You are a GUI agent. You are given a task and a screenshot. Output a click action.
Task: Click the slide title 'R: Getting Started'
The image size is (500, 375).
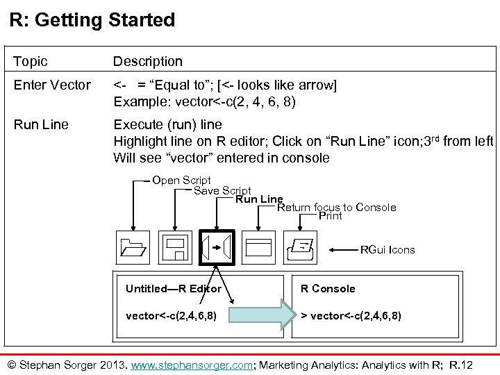tap(92, 19)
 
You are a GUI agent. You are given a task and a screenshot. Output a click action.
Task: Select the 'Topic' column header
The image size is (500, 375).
tap(31, 62)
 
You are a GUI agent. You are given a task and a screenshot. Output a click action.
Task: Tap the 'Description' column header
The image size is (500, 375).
tap(148, 62)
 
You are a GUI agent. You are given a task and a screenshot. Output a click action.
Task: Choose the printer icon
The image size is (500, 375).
tap(302, 247)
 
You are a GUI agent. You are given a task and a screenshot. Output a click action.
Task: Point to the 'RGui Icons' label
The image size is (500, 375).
tap(387, 249)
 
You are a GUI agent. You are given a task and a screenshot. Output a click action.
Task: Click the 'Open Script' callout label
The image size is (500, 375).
tap(181, 181)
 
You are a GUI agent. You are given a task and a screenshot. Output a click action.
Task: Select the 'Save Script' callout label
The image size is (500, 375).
tap(222, 190)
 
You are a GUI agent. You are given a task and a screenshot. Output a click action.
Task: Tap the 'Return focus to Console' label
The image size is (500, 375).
tap(337, 207)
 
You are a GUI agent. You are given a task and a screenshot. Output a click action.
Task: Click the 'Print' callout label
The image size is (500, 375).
tap(330, 216)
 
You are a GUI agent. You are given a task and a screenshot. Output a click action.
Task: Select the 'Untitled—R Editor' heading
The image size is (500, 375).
tap(174, 288)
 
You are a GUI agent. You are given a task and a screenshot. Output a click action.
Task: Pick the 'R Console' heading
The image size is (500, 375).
tap(327, 288)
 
